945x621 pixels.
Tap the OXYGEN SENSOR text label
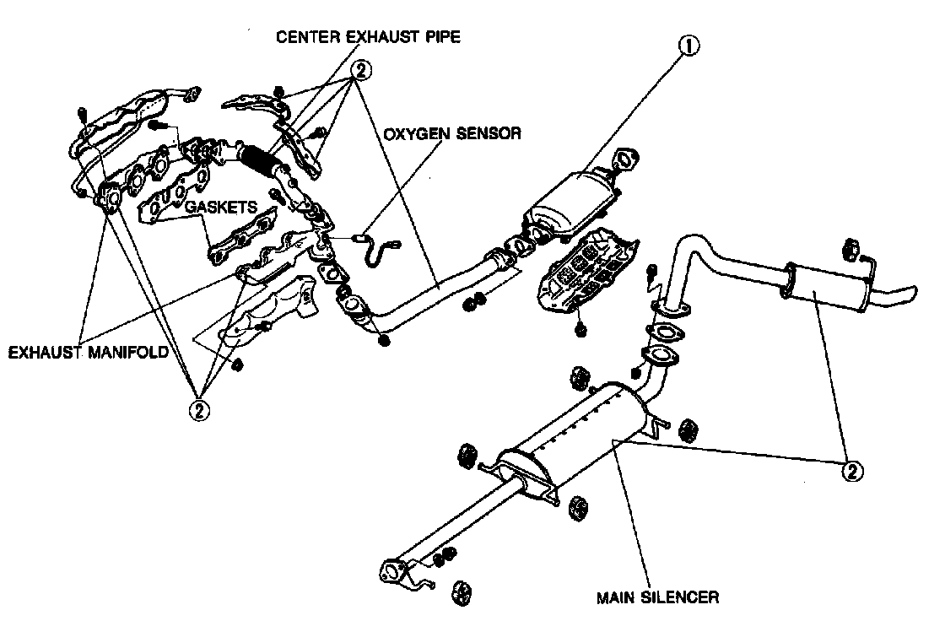452,133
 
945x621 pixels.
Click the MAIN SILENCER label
657,597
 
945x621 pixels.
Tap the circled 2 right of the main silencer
852,470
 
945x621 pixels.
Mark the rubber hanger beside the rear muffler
850,251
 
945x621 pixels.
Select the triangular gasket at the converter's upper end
625,159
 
